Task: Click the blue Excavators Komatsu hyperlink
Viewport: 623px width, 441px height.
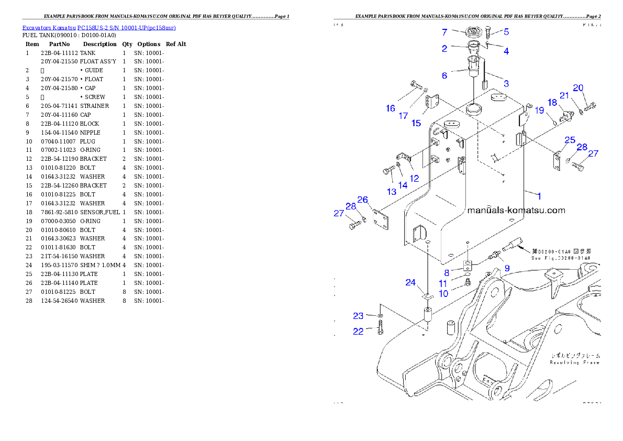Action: tap(99, 27)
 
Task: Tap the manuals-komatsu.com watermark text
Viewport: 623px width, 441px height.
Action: tap(516, 211)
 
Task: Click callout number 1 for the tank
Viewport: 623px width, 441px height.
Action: tap(539, 195)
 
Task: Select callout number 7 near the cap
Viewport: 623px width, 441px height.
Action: tap(444, 32)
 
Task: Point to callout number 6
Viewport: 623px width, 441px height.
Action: tap(444, 75)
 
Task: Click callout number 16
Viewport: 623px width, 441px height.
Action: tap(391, 108)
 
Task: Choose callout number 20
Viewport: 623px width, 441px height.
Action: tap(578, 88)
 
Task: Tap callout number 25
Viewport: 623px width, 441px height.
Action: tap(570, 140)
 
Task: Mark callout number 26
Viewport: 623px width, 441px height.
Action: tap(363, 200)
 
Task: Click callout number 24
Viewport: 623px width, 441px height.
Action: tap(410, 283)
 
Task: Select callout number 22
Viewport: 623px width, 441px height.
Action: tap(358, 332)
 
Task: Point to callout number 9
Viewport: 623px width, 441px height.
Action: tap(507, 269)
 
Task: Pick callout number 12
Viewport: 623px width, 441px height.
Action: tap(414, 178)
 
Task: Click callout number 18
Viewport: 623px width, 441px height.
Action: tap(552, 103)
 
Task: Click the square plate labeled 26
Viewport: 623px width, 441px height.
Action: tap(381, 220)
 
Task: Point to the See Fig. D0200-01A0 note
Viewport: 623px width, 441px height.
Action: tap(561, 258)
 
